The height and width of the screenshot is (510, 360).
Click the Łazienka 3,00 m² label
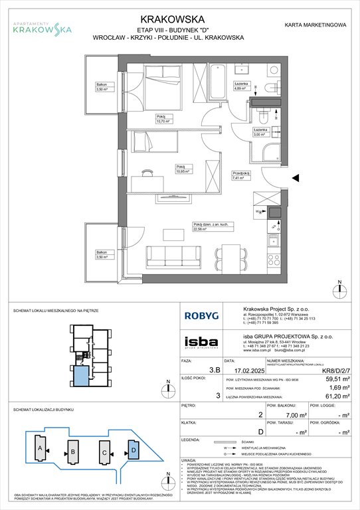pyautogui.click(x=260, y=131)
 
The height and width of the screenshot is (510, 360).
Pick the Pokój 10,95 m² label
pyautogui.click(x=183, y=169)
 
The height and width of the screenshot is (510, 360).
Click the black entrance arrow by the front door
pyautogui.click(x=296, y=178)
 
